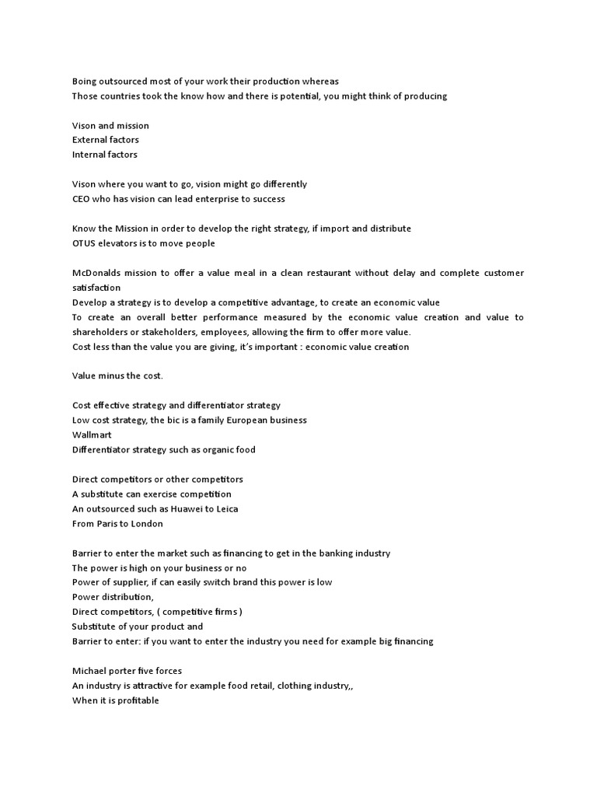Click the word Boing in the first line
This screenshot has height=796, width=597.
pos(85,81)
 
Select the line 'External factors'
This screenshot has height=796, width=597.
pos(106,140)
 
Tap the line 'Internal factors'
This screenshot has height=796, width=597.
pos(105,155)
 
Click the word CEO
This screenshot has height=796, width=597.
pos(82,199)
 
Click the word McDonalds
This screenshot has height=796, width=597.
pos(98,273)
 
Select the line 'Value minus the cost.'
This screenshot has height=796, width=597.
pos(117,376)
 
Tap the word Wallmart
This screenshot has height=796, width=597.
pos(92,435)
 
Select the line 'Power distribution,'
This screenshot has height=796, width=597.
pos(113,597)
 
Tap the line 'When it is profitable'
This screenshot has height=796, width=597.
pos(116,700)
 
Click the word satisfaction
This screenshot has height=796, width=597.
pos(96,288)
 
